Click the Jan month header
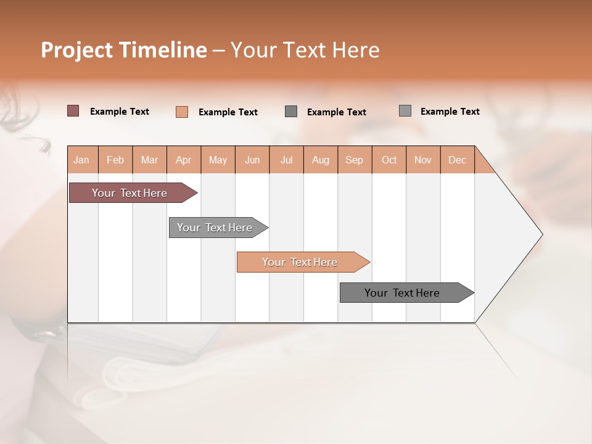click(82, 160)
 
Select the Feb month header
click(115, 160)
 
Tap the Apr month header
click(184, 160)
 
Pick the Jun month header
click(252, 160)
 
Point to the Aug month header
click(321, 160)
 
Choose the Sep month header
click(355, 160)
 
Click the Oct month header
click(389, 160)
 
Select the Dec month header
click(458, 160)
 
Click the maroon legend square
click(73, 111)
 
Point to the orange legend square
click(182, 112)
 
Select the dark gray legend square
click(291, 111)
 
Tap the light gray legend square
click(405, 111)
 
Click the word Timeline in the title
click(162, 50)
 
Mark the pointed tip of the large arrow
click(541, 234)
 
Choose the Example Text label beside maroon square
click(120, 112)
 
